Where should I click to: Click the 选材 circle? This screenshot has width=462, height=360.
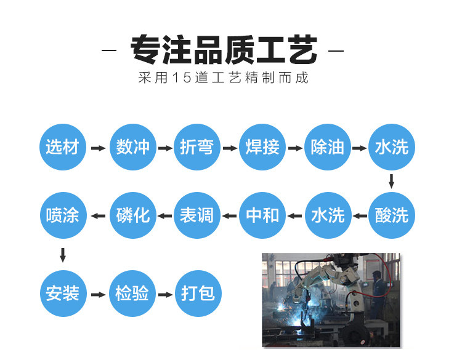pyautogui.click(x=62, y=148)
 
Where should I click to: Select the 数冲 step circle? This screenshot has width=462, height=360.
pyautogui.click(x=132, y=148)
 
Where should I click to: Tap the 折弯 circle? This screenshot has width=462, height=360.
pyautogui.click(x=197, y=148)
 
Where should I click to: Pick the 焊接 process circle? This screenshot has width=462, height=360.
pyautogui.click(x=262, y=148)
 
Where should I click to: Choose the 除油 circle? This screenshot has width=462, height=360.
pyautogui.click(x=327, y=148)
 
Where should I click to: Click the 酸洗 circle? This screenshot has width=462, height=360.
pyautogui.click(x=391, y=215)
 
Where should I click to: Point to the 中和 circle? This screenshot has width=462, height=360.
pyautogui.click(x=262, y=215)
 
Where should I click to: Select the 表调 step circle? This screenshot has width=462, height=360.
pyautogui.click(x=197, y=215)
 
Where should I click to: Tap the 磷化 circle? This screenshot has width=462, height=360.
pyautogui.click(x=132, y=215)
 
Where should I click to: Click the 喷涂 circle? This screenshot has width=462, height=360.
pyautogui.click(x=62, y=215)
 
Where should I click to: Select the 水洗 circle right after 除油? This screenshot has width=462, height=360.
pyautogui.click(x=391, y=148)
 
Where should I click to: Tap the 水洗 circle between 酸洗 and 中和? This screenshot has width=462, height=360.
pyautogui.click(x=327, y=215)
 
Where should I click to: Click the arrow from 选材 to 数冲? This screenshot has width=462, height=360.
pyautogui.click(x=97, y=148)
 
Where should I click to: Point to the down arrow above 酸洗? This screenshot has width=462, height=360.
pyautogui.click(x=391, y=182)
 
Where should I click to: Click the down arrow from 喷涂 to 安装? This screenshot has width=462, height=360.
pyautogui.click(x=62, y=254)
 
